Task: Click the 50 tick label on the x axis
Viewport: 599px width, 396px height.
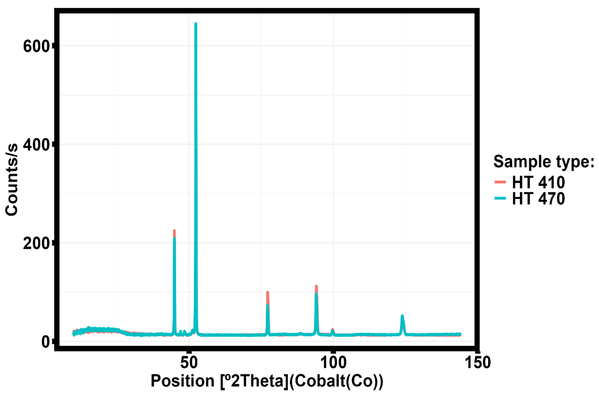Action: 189,363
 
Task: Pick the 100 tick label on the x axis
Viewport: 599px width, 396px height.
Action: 333,363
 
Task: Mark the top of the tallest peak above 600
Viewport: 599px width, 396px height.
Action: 196,24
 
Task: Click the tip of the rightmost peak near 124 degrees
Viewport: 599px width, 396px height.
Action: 402,316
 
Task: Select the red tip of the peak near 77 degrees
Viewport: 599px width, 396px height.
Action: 268,292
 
